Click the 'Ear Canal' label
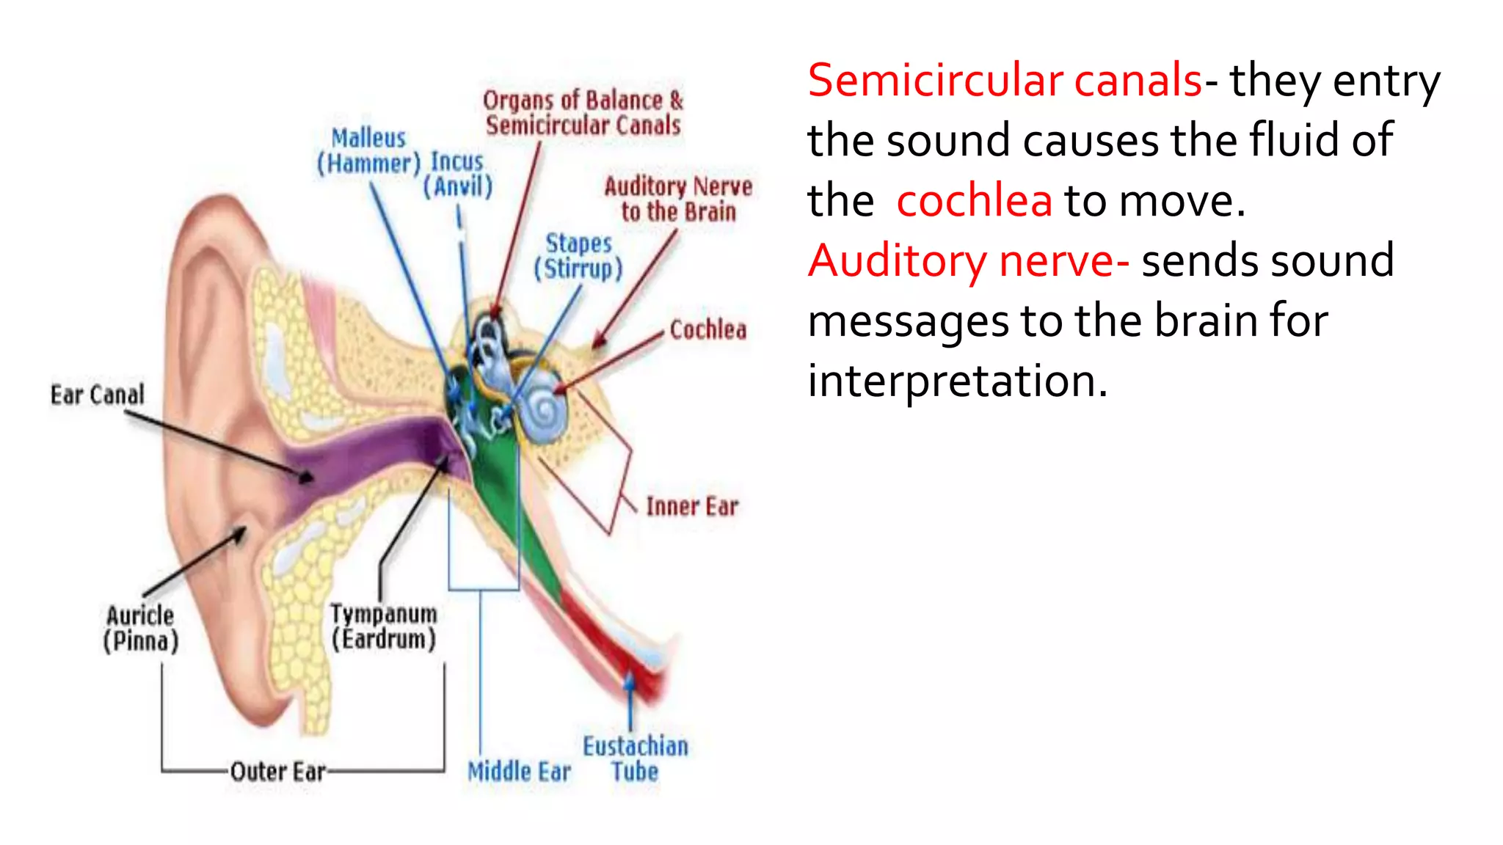(97, 395)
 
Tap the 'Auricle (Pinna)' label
(141, 628)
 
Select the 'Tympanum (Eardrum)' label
(383, 626)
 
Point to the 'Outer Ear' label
(277, 772)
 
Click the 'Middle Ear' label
(519, 772)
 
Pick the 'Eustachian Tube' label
(636, 758)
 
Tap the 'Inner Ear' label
(691, 506)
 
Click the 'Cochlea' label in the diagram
(707, 330)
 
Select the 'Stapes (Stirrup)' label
(578, 256)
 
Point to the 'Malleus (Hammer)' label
(368, 150)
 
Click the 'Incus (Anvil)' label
(457, 174)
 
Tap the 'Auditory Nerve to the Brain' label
(678, 199)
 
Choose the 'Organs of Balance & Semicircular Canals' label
(583, 112)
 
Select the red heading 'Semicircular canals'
(1005, 80)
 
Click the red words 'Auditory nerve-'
(968, 260)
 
